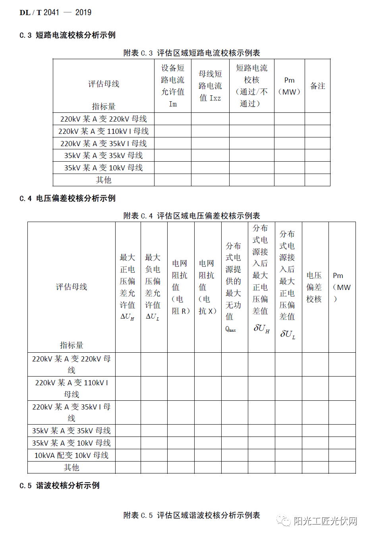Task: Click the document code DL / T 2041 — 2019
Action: point(55,13)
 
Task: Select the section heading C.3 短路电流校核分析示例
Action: point(68,35)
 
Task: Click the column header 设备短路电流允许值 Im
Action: point(172,86)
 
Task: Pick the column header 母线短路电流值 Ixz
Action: point(210,86)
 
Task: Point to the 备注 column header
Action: point(317,86)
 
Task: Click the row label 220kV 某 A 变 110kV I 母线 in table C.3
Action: point(103,131)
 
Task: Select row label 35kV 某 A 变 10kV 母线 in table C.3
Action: point(103,168)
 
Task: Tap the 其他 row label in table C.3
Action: point(103,180)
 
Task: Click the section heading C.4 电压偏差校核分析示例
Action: point(68,198)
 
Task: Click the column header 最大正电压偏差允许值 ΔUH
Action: point(128,287)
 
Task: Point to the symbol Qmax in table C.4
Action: point(230,329)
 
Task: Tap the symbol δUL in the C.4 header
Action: point(288,334)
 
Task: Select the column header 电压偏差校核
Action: point(314,287)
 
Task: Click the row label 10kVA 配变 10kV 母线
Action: point(71,455)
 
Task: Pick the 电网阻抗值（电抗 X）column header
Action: point(207,287)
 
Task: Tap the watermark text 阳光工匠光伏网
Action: point(325,521)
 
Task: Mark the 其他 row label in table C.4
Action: point(71,467)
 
